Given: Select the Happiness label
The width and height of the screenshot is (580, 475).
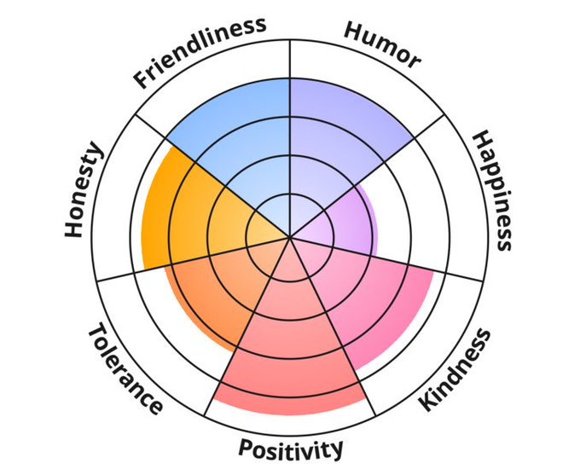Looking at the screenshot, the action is [492, 189].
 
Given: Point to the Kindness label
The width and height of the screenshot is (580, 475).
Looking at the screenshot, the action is [455, 369].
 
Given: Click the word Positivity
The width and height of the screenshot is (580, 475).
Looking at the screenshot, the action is [291, 447].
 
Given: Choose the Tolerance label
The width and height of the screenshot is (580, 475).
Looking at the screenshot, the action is [125, 369].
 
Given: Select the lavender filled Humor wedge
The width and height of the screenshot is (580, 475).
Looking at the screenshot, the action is [341, 128].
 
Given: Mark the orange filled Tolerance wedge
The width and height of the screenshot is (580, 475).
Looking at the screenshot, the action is [213, 290].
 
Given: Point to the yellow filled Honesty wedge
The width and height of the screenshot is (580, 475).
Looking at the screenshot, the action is [183, 213].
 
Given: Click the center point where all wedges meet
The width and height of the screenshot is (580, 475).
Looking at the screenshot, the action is [291, 237].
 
